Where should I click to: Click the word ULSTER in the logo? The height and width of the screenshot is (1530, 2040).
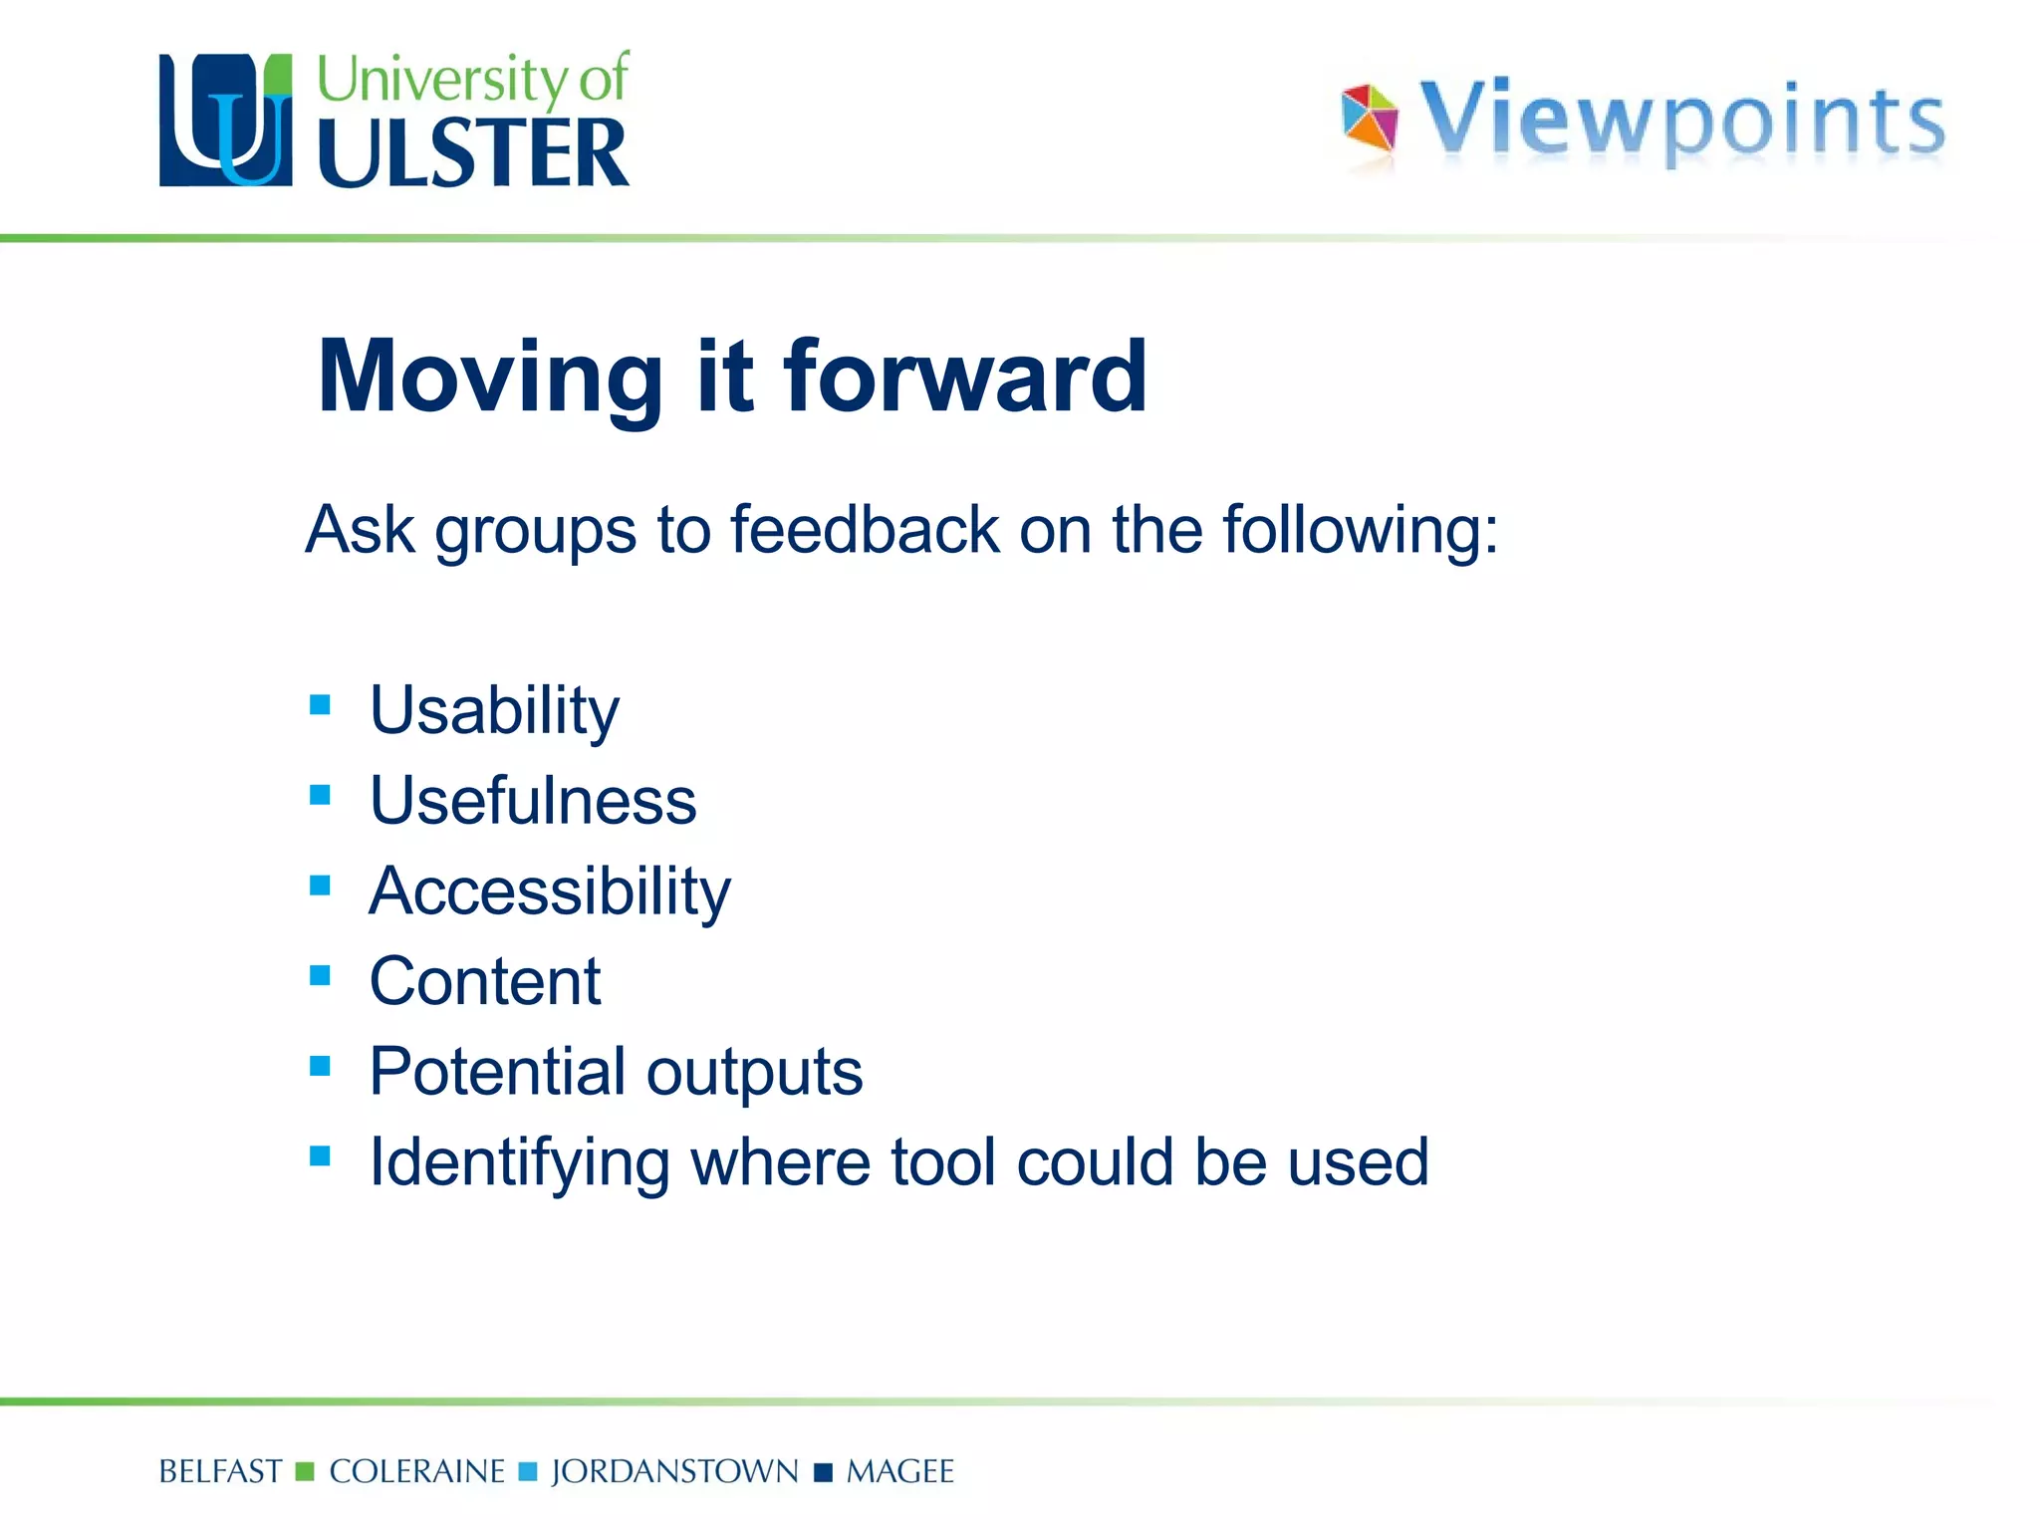click(473, 154)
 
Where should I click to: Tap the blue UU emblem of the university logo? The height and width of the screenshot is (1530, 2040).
click(226, 121)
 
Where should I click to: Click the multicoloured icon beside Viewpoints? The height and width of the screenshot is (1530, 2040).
click(1370, 120)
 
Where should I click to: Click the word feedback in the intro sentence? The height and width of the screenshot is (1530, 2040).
click(865, 530)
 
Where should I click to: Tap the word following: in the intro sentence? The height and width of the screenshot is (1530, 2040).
click(1360, 530)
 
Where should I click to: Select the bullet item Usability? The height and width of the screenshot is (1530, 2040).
click(494, 711)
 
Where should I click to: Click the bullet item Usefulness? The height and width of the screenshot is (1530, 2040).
click(533, 801)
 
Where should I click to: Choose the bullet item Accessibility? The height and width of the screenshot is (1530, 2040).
click(550, 892)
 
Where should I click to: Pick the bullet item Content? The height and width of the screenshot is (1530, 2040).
click(485, 982)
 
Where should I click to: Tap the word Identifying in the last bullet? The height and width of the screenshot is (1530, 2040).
click(519, 1163)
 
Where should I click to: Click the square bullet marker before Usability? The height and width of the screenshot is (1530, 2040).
click(320, 705)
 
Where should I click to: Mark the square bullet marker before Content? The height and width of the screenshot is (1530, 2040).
click(320, 975)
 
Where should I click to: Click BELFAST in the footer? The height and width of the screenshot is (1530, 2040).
click(220, 1472)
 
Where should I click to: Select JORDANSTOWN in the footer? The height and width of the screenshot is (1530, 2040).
click(674, 1472)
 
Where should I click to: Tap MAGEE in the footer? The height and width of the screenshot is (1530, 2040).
click(899, 1472)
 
